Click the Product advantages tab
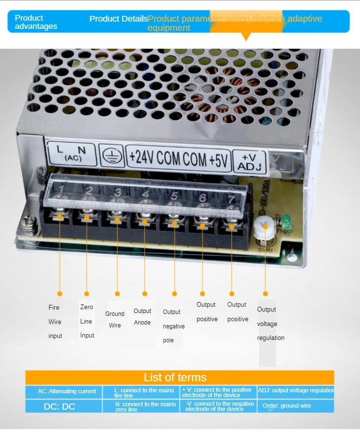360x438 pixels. tap(36, 22)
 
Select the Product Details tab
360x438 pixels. tap(118, 19)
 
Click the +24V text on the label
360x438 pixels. tap(141, 158)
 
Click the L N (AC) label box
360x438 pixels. tap(69, 152)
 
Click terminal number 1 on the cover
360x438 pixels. tap(61, 188)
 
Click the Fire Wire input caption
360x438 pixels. tap(55, 321)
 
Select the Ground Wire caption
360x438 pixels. tap(115, 319)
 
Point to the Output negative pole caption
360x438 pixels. tap(174, 326)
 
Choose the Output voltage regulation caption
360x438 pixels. tap(270, 324)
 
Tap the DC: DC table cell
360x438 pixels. tap(60, 406)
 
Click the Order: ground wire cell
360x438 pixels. tap(286, 406)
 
